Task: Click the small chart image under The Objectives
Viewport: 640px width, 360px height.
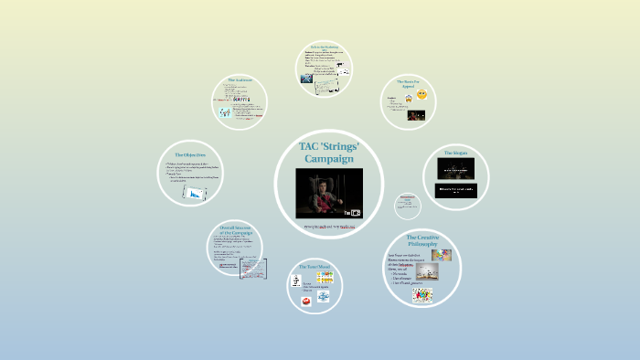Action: [196, 193]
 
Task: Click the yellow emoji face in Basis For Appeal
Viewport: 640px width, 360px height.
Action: [423, 96]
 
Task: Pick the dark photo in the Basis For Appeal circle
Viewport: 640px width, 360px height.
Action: [417, 115]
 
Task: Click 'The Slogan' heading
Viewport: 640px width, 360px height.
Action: [456, 153]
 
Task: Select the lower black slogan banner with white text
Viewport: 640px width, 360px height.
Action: [456, 190]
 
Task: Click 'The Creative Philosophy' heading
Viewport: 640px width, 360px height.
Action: [423, 241]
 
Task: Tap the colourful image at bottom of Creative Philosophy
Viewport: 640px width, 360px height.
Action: [422, 295]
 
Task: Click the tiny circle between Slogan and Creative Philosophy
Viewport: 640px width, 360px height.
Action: [408, 205]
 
